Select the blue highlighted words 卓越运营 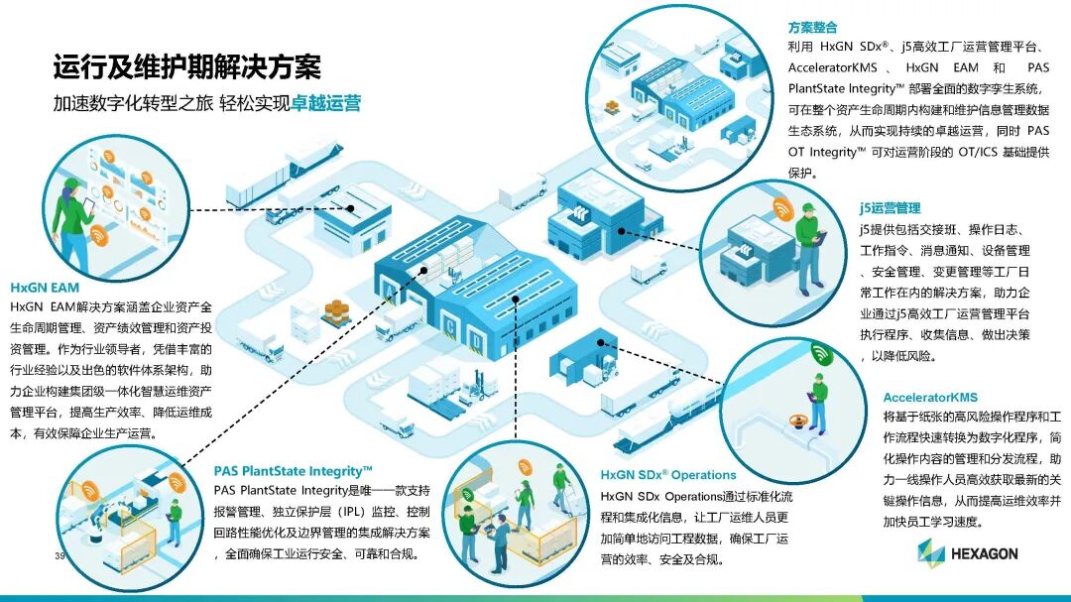325,104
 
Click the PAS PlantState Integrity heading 293,471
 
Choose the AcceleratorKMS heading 930,398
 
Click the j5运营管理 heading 890,208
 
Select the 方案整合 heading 813,27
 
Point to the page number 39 59,556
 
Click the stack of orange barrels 337,311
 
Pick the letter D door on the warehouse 478,342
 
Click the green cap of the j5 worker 808,207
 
